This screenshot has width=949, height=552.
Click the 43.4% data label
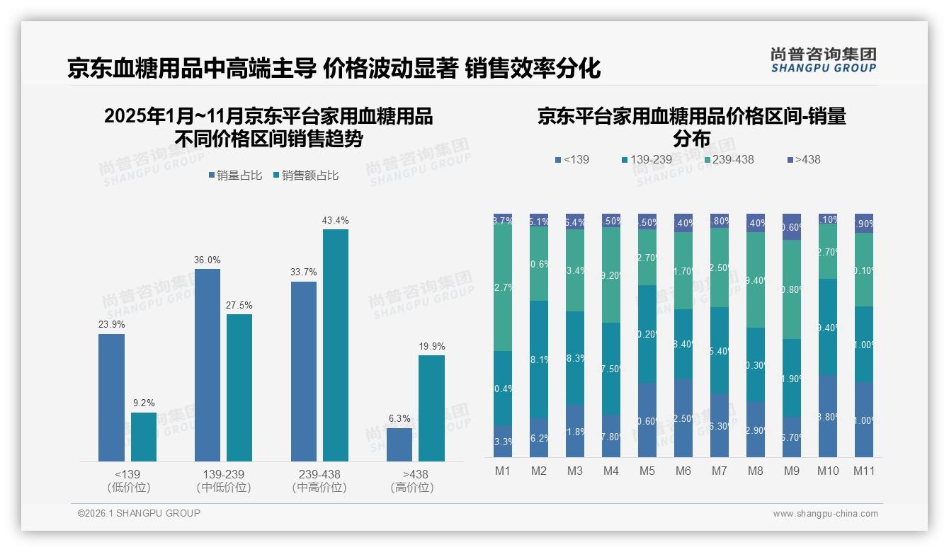point(335,221)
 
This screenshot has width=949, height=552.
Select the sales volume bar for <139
point(111,398)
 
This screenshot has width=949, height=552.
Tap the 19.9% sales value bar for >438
point(431,408)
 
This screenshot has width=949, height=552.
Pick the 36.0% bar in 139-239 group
point(207,365)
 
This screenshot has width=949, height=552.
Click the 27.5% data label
point(239,306)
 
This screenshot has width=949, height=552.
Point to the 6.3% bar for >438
point(399,444)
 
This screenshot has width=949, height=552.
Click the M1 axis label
point(503,471)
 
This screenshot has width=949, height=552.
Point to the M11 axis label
point(863,471)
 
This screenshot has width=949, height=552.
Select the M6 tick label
point(683,471)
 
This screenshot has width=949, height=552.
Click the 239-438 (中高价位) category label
point(319,481)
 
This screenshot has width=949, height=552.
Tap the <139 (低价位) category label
point(127,481)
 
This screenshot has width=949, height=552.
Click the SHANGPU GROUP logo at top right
point(823,61)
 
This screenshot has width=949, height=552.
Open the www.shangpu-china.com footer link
point(825,514)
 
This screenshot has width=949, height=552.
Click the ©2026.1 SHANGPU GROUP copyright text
point(139,513)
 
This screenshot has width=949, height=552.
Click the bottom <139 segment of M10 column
point(827,416)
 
